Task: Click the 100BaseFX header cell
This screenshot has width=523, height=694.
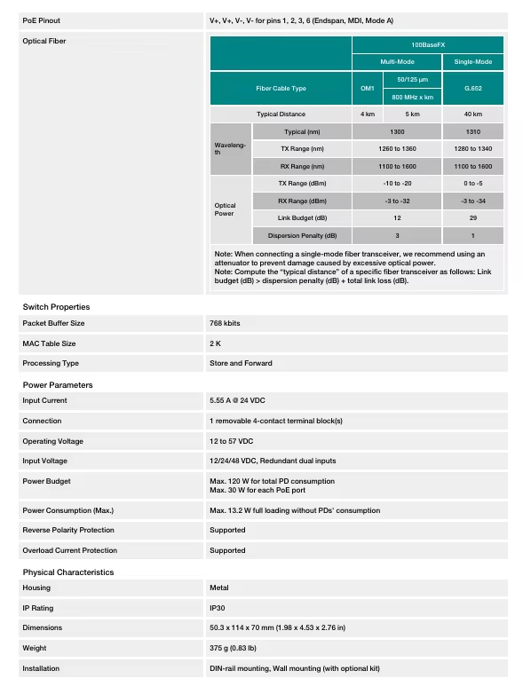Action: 429,43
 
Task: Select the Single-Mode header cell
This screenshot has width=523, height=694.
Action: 472,61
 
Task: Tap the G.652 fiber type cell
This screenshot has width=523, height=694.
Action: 472,88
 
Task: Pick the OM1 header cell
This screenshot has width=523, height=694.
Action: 367,88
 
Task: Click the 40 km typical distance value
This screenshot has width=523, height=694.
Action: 472,114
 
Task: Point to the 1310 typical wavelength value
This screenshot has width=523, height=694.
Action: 472,131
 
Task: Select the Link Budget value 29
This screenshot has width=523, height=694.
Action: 472,218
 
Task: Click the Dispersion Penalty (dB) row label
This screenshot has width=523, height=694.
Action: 302,236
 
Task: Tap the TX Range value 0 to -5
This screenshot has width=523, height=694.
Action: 472,184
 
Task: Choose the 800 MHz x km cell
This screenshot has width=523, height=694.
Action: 412,97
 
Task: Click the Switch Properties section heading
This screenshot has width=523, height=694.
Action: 56,307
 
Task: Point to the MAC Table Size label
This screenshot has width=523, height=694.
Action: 49,343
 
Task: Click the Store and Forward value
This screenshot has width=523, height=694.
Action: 241,363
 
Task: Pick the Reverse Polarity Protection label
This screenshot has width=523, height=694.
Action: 68,531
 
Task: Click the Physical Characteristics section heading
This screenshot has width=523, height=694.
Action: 68,572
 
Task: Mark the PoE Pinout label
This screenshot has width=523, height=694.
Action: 42,20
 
